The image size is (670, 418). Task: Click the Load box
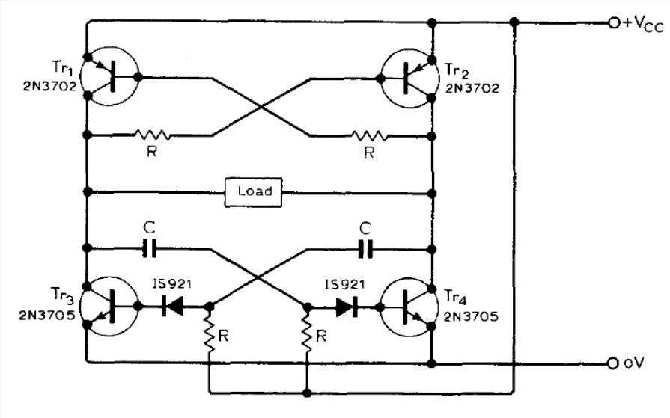[x=253, y=192]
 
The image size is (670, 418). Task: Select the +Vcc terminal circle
[x=614, y=23]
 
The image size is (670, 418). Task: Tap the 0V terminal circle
[x=613, y=363]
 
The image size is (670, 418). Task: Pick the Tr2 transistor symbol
[x=409, y=78]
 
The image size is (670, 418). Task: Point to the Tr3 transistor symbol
[x=110, y=306]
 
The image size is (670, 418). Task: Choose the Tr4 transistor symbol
[x=409, y=307]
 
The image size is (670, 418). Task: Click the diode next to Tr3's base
[x=172, y=306]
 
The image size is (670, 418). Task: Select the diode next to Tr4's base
[x=347, y=307]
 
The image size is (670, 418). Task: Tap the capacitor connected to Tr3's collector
[x=150, y=248]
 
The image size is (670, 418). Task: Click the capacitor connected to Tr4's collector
[x=366, y=249]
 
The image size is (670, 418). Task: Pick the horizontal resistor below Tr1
[x=152, y=135]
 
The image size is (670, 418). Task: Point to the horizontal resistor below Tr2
[x=370, y=136]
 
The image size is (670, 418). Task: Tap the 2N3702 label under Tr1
[x=49, y=86]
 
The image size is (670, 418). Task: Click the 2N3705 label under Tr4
[x=471, y=316]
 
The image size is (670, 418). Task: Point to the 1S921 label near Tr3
[x=172, y=284]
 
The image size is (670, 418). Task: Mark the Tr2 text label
[x=456, y=70]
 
